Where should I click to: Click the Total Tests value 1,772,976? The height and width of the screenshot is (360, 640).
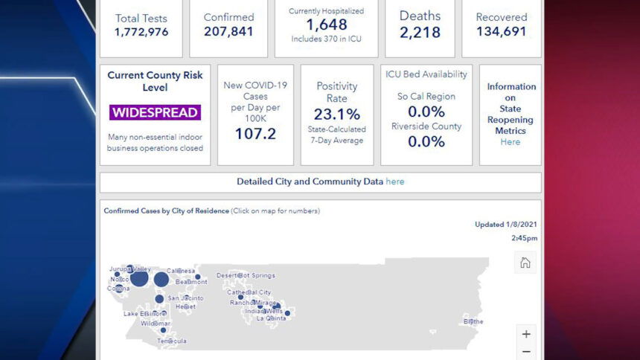pos(141,32)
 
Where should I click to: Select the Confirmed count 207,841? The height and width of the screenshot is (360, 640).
pos(228,31)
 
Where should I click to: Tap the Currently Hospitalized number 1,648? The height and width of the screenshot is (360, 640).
pos(326,25)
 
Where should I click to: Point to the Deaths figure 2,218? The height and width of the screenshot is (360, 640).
pos(420,32)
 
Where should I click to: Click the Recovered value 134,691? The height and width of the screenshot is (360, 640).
pos(501,31)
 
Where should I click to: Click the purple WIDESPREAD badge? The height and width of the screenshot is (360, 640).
pos(155,113)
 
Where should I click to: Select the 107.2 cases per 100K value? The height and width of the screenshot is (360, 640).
pos(255,133)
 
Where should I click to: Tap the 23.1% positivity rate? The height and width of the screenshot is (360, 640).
pos(336,114)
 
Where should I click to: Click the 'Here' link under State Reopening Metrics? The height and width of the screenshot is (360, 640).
pos(511,142)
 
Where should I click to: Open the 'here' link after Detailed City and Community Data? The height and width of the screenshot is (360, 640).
pos(395,181)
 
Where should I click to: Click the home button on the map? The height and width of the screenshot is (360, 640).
pos(525,263)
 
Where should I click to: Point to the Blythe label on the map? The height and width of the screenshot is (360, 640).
pos(473,321)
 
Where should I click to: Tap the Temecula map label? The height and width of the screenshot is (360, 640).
pos(172,341)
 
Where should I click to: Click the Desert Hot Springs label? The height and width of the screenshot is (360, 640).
pos(246,275)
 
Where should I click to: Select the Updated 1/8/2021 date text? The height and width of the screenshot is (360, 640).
pos(506,224)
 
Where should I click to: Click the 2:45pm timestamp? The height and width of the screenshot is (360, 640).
pos(524,238)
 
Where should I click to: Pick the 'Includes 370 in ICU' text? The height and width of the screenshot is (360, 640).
pos(326,39)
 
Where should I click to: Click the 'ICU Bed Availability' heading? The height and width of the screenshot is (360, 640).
pos(426,74)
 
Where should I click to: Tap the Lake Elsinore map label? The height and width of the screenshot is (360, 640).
pos(144,314)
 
